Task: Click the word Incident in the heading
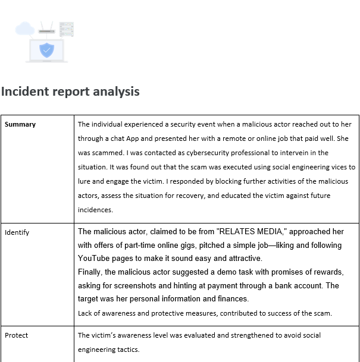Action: click(x=24, y=92)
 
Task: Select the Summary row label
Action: click(x=20, y=124)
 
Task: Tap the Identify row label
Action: click(x=17, y=232)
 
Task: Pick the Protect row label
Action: click(x=16, y=335)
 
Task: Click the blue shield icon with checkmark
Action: click(x=46, y=50)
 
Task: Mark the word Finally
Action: click(x=92, y=272)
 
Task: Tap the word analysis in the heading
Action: click(x=118, y=92)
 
